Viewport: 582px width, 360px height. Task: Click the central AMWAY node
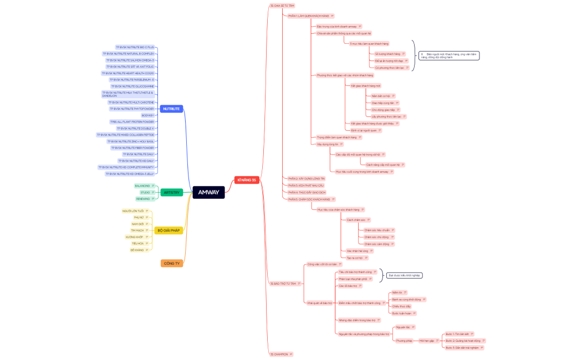click(x=208, y=192)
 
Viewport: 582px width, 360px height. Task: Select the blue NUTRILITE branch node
click(x=171, y=109)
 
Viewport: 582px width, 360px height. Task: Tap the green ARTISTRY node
click(x=171, y=192)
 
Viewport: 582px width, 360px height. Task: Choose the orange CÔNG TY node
click(x=172, y=263)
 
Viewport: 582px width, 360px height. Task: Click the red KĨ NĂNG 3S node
click(x=247, y=180)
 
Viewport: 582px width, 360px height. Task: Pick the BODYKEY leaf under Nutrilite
click(x=147, y=115)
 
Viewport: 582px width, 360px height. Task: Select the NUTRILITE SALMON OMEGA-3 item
click(x=130, y=60)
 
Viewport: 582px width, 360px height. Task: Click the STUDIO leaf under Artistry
click(x=145, y=192)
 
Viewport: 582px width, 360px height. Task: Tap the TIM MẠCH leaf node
click(x=137, y=230)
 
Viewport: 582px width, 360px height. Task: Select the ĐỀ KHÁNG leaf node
click(x=137, y=250)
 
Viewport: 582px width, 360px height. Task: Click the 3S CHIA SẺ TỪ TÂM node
click(x=282, y=6)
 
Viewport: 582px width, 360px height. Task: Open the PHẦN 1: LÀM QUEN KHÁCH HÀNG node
click(x=309, y=16)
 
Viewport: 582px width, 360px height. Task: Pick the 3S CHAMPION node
click(x=279, y=354)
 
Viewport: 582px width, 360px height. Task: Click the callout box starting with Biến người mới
click(x=448, y=55)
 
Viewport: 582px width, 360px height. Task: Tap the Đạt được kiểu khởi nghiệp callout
click(x=404, y=275)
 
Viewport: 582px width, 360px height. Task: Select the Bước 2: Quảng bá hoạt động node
click(x=463, y=341)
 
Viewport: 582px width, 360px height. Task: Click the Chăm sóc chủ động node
click(x=377, y=236)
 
